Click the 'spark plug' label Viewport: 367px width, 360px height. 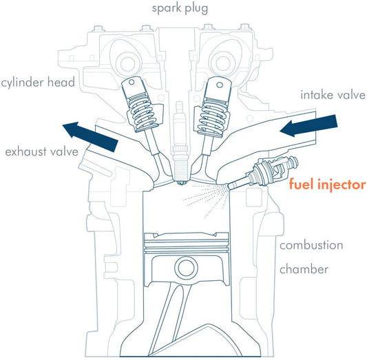pos(180,9)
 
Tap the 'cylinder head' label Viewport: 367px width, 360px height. pos(38,83)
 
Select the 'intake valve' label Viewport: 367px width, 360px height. pos(333,95)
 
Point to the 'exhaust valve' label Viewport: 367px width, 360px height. pos(42,152)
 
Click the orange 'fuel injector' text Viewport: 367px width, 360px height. pos(328,184)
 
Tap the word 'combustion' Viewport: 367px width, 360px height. pos(311,245)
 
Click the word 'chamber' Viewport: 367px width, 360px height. pos(304,269)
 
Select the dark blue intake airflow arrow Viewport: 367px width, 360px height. pos(308,125)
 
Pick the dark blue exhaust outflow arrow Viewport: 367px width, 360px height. pos(90,136)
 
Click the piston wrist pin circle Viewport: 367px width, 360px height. pos(187,268)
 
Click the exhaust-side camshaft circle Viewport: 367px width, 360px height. pos(128,63)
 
